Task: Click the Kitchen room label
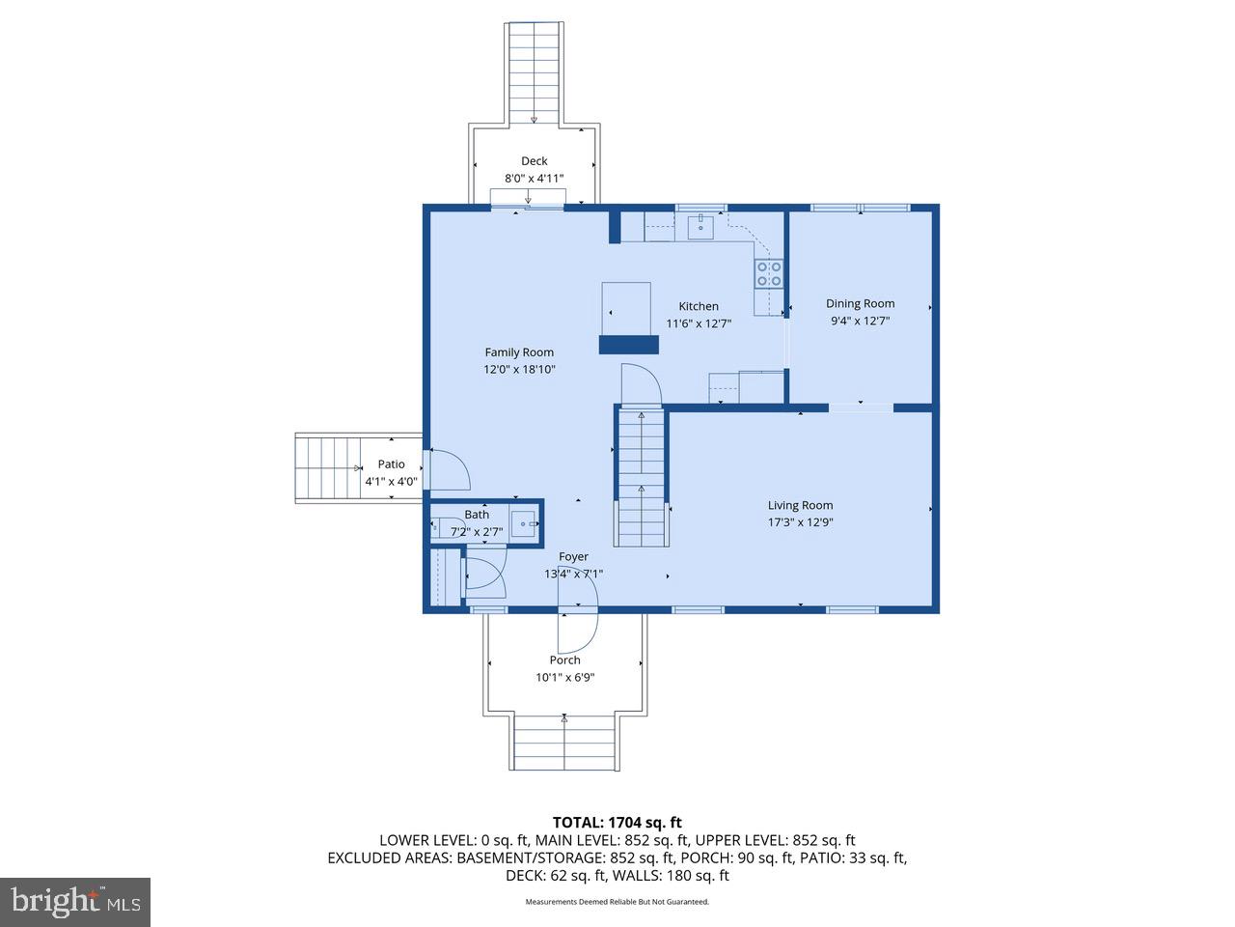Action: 698,306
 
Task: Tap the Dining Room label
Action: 860,303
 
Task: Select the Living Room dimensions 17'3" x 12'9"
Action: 800,522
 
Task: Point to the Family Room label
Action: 519,352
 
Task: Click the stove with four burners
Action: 768,273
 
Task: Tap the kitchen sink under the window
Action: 700,228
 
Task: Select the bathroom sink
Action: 524,523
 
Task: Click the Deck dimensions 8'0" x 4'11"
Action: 534,179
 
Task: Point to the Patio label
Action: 391,464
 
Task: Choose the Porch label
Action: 564,660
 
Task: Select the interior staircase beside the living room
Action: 642,477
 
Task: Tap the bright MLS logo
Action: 75,902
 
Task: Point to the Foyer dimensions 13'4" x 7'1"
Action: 573,575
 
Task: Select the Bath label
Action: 477,515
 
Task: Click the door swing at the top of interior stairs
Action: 641,385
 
